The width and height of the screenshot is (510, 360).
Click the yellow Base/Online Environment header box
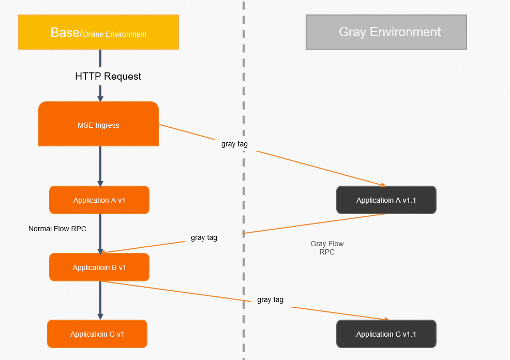click(98, 32)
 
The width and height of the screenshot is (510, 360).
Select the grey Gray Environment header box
click(386, 32)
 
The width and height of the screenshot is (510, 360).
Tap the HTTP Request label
click(108, 77)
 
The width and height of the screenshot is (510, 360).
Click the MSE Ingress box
click(98, 125)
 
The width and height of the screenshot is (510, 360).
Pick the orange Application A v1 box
click(99, 200)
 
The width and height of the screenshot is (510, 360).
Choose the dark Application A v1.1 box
click(386, 200)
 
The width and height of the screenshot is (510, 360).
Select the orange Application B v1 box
click(99, 267)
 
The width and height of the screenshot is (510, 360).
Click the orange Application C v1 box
click(97, 334)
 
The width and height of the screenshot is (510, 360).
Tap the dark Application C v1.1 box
click(386, 334)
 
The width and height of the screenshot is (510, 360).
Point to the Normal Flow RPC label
click(57, 229)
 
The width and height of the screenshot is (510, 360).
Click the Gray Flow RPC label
click(327, 248)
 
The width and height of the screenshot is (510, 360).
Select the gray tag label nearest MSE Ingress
click(234, 144)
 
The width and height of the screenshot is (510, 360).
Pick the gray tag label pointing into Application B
click(204, 238)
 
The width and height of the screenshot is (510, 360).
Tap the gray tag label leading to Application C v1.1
click(270, 299)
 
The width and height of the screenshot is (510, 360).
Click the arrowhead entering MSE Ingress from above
click(100, 98)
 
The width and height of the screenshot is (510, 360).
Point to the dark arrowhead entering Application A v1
click(100, 183)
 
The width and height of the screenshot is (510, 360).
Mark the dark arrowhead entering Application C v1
click(100, 317)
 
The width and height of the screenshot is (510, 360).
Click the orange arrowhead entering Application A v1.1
click(383, 185)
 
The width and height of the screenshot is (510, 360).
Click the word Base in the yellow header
click(65, 32)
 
